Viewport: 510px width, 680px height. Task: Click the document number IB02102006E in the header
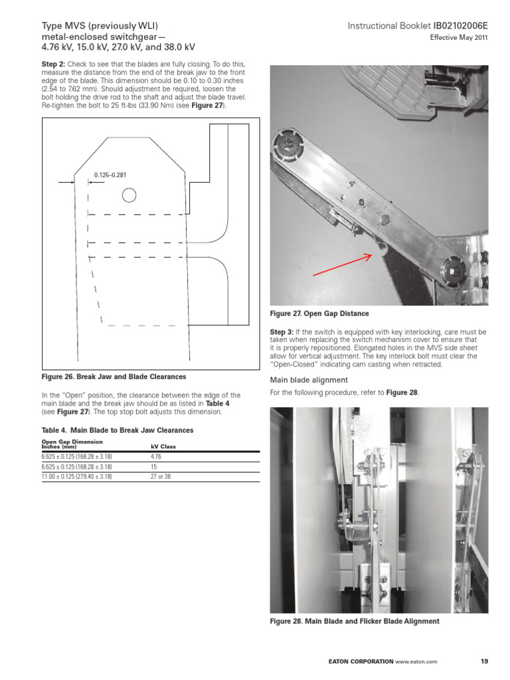coord(460,26)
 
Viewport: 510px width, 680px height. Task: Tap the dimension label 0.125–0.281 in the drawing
coord(110,175)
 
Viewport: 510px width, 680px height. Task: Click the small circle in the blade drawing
coord(129,195)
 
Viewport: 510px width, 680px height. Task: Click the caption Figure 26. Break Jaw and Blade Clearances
coord(114,377)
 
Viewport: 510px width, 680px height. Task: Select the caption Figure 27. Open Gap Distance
coord(319,313)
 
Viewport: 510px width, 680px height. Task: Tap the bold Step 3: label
coord(282,331)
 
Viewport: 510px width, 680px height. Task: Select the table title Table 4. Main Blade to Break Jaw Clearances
coord(118,430)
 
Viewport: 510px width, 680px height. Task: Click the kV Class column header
coord(163,447)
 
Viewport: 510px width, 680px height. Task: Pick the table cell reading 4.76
coord(156,457)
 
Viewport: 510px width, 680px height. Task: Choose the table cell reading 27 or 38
coord(160,476)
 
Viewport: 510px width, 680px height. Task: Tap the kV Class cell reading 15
coord(153,467)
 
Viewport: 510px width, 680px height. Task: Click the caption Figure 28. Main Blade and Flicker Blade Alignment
coord(354,621)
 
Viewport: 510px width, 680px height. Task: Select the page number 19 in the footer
coord(483,661)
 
